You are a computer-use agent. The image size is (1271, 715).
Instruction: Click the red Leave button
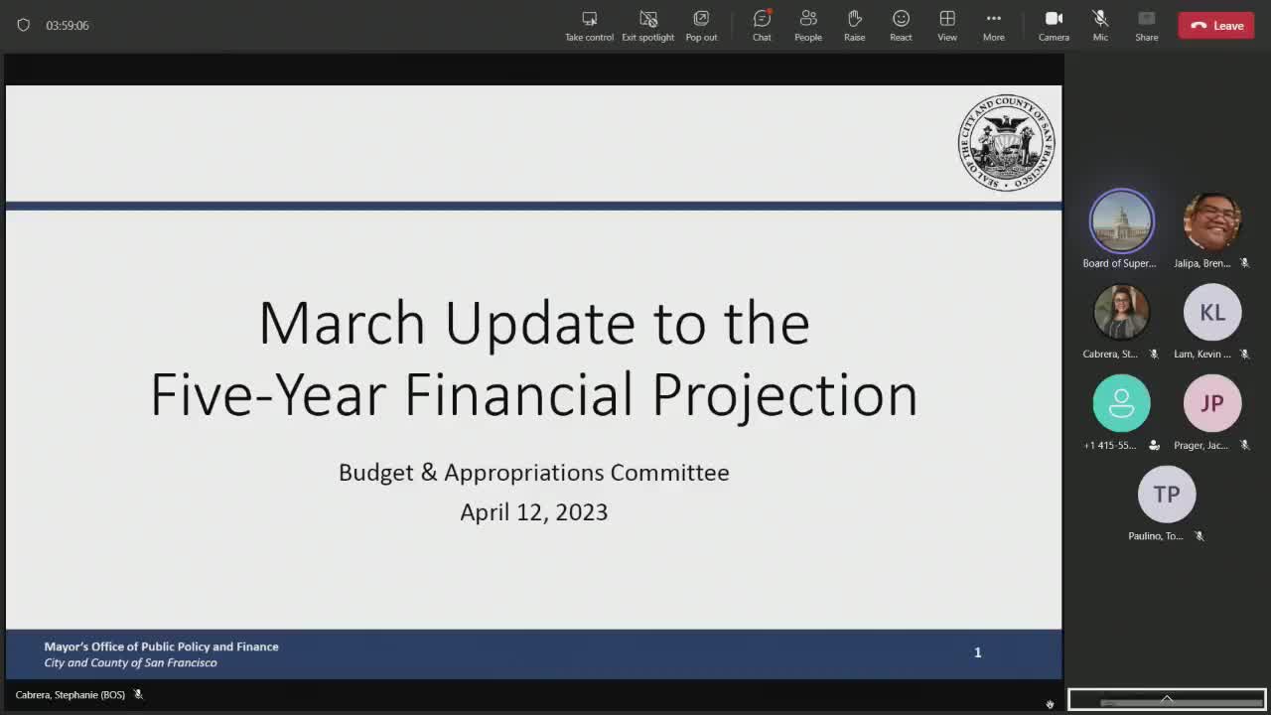(1215, 26)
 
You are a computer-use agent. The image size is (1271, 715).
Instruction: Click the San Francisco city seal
(1006, 143)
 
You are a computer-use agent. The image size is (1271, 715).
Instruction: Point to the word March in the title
(342, 324)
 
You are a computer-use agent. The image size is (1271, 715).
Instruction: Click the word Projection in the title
(784, 395)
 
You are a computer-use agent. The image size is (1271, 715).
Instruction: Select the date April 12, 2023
(533, 512)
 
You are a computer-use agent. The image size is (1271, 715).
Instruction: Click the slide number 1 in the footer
(977, 652)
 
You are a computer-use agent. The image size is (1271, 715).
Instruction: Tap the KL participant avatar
(1211, 312)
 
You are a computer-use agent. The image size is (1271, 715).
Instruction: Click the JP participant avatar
(1211, 403)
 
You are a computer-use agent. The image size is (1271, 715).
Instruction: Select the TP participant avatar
(1166, 494)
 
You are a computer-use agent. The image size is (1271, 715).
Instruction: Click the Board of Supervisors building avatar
(1121, 220)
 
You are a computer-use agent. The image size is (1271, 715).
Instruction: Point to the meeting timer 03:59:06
(68, 26)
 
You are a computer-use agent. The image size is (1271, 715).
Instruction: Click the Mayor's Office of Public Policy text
(161, 646)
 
